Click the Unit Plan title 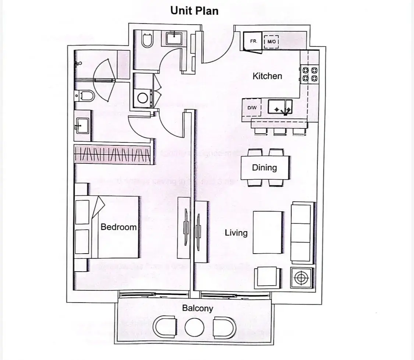coord(194,11)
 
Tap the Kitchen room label coord(267,76)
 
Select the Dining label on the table coord(264,168)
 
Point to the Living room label coord(236,233)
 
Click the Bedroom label coord(118,227)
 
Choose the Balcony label coord(198,308)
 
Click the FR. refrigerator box coord(253,42)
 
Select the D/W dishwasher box coord(251,108)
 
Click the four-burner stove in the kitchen coord(309,74)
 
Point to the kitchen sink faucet coord(284,109)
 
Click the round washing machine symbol coord(143,98)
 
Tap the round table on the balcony coord(194,327)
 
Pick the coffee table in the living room coord(268,232)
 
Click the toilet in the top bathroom coord(147,40)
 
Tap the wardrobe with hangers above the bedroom coord(113,155)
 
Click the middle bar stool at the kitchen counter coord(280,131)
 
